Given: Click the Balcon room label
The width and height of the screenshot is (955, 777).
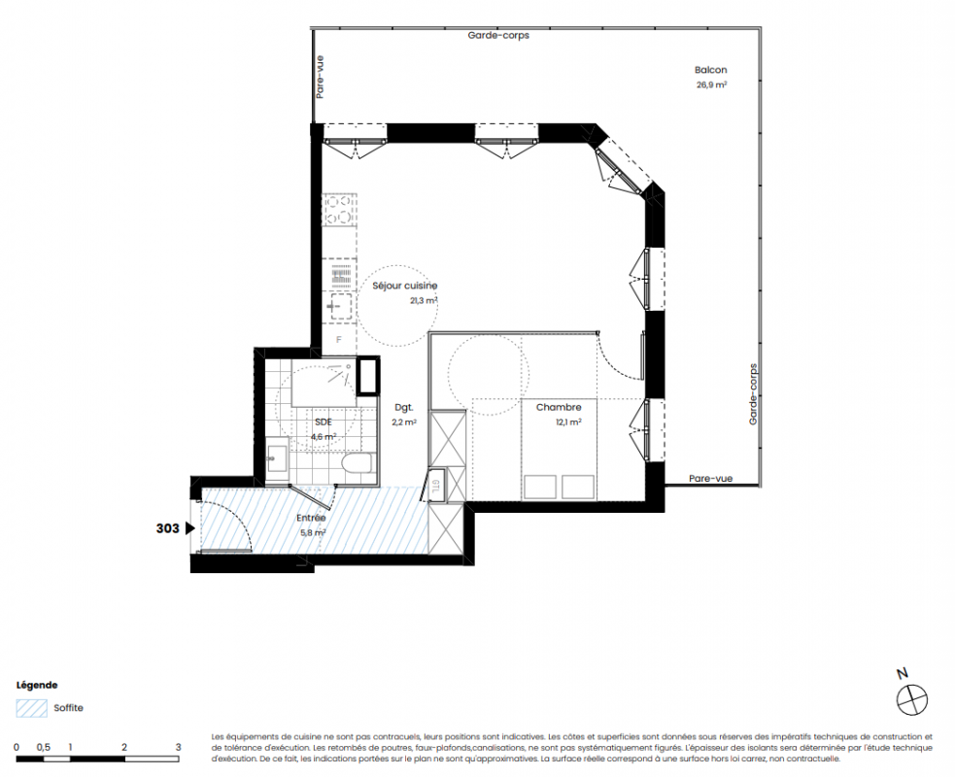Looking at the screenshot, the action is coord(711,70).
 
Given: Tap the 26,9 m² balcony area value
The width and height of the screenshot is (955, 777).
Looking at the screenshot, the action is coord(711,85).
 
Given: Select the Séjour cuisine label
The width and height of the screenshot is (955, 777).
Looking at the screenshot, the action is coord(404,286).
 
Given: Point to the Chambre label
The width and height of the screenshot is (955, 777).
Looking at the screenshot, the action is coord(559,407).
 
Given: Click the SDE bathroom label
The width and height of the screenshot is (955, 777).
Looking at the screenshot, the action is coord(324,422).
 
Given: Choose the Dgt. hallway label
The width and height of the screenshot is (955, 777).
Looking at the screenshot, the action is coord(404,407).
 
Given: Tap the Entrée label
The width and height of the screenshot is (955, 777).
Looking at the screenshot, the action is coord(311,519).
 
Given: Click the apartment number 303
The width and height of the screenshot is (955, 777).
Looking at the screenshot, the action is coord(167,528).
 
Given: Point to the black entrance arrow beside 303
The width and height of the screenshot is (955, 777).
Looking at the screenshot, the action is coord(190,528).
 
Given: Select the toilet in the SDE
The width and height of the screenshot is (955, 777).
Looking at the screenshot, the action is coord(357,464).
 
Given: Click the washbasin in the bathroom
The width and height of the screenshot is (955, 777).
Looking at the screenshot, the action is coord(277,455).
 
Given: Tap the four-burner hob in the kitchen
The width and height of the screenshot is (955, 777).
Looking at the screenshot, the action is coord(339,210).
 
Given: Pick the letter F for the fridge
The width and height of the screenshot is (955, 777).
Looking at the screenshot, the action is coord(339,340).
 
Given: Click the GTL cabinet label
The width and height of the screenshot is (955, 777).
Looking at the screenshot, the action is coord(436,486).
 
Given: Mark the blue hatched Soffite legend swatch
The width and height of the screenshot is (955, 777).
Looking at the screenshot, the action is coord(32,708).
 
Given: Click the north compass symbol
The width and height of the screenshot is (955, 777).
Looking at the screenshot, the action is coord(911,699).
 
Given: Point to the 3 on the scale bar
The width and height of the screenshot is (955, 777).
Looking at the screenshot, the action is coord(179,747).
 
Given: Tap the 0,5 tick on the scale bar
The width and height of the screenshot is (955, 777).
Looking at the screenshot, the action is coord(44,747).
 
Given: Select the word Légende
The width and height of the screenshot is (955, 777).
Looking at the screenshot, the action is coord(37,685).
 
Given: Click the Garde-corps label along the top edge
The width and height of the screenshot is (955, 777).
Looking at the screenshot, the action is coord(498,35).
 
